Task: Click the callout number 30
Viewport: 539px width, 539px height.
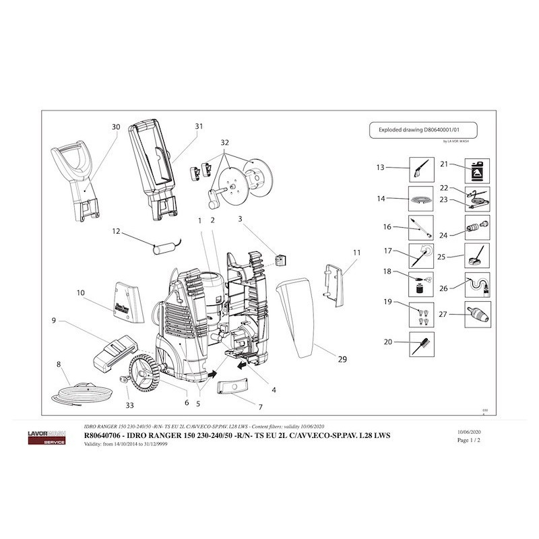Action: click(x=116, y=127)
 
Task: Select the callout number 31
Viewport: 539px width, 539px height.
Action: click(x=198, y=127)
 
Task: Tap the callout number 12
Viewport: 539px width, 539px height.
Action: click(x=116, y=231)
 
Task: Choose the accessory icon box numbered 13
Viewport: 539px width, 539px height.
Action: click(x=420, y=168)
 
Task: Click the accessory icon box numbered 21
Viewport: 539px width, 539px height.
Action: click(x=478, y=168)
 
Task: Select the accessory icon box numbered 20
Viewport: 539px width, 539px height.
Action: click(x=420, y=343)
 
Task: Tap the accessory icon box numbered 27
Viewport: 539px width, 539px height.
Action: click(x=478, y=313)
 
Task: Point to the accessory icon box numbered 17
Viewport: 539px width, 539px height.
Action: click(x=420, y=255)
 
